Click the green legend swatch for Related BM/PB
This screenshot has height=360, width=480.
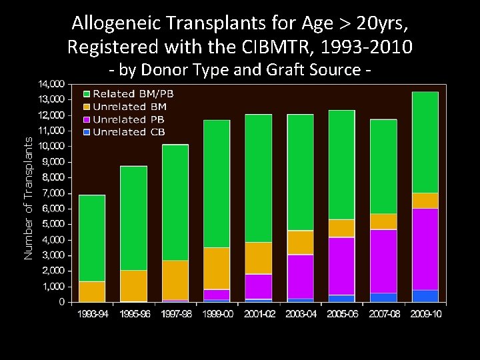(x=86, y=94)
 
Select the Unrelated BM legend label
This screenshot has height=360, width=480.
(x=129, y=107)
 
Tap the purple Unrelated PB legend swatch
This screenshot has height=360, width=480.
(x=86, y=119)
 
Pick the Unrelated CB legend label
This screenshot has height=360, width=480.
(x=129, y=132)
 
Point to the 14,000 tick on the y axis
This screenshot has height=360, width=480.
(x=52, y=83)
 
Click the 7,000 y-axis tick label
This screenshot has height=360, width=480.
(x=54, y=193)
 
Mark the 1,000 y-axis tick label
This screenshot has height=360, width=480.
(x=54, y=286)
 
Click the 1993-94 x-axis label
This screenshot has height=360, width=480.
(x=92, y=313)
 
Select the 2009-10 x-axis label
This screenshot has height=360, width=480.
(x=425, y=313)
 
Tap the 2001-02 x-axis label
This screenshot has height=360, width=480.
(x=258, y=313)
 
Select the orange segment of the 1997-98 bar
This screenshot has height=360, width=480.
(x=175, y=280)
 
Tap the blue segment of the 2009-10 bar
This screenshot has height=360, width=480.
(x=425, y=296)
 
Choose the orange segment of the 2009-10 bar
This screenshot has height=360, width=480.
(x=425, y=201)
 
